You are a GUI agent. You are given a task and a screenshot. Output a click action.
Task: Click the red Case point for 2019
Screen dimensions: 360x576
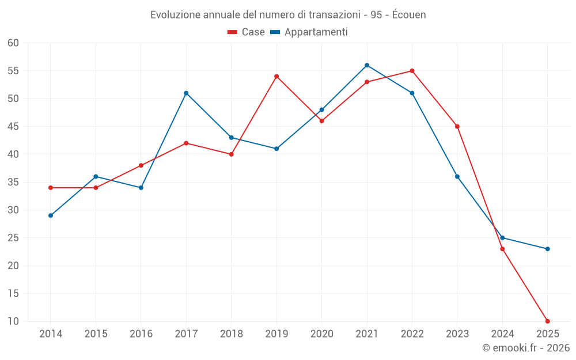(276, 77)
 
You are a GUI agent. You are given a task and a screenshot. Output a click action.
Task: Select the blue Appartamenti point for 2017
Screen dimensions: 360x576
(186, 93)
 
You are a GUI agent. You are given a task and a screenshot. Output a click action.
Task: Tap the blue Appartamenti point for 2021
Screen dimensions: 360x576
(367, 65)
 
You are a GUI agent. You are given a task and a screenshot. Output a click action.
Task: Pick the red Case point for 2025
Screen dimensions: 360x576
(548, 321)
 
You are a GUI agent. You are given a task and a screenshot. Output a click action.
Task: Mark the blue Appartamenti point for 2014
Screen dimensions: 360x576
(51, 215)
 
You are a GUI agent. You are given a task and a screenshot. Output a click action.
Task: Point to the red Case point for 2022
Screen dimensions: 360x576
(412, 71)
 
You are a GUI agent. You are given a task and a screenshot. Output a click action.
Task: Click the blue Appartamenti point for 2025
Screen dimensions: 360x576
(548, 249)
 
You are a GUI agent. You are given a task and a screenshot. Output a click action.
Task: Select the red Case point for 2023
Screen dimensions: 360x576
(457, 127)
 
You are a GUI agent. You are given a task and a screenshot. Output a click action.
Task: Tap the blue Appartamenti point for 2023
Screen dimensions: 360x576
(457, 177)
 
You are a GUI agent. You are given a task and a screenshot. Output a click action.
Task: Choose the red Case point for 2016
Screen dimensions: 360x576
(141, 165)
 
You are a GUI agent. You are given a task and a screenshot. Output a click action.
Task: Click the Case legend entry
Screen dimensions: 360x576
(247, 32)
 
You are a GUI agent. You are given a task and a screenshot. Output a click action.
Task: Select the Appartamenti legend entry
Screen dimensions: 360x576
(309, 32)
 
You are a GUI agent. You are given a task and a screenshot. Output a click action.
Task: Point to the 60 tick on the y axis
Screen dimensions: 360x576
(13, 43)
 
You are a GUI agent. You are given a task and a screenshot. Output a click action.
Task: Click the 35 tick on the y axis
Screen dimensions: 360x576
(13, 182)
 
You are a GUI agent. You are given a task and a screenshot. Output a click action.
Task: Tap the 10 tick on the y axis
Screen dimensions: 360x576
(13, 321)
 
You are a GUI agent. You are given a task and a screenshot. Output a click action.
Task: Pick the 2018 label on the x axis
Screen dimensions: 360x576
(232, 334)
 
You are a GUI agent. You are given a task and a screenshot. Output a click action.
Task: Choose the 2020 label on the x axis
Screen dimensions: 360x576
(322, 334)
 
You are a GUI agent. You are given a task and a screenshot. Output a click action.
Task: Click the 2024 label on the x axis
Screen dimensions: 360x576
(502, 334)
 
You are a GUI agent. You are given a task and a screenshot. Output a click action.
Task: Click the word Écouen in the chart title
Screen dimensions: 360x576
(409, 15)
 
